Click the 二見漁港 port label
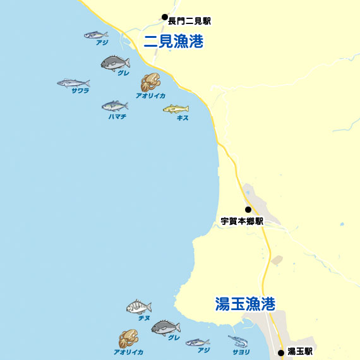pos(174,42)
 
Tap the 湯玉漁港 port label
pos(245,304)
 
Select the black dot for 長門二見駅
pos(164,17)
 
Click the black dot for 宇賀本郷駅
pos(248,210)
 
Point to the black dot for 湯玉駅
pos(281,352)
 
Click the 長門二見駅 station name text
pos(189,21)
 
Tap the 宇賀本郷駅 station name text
pos(241,222)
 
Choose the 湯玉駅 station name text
pos(300,352)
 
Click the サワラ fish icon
pos(73,83)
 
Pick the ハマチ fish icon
pos(115,105)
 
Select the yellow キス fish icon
pos(176,109)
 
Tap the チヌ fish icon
pos(139,307)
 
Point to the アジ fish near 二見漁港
pos(96,35)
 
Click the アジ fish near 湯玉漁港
pos(198,342)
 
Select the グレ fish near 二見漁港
pos(116,62)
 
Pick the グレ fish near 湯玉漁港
pos(165,327)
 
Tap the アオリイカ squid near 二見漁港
pos(150,81)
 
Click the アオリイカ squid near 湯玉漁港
pos(128,339)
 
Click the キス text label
pos(183,118)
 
